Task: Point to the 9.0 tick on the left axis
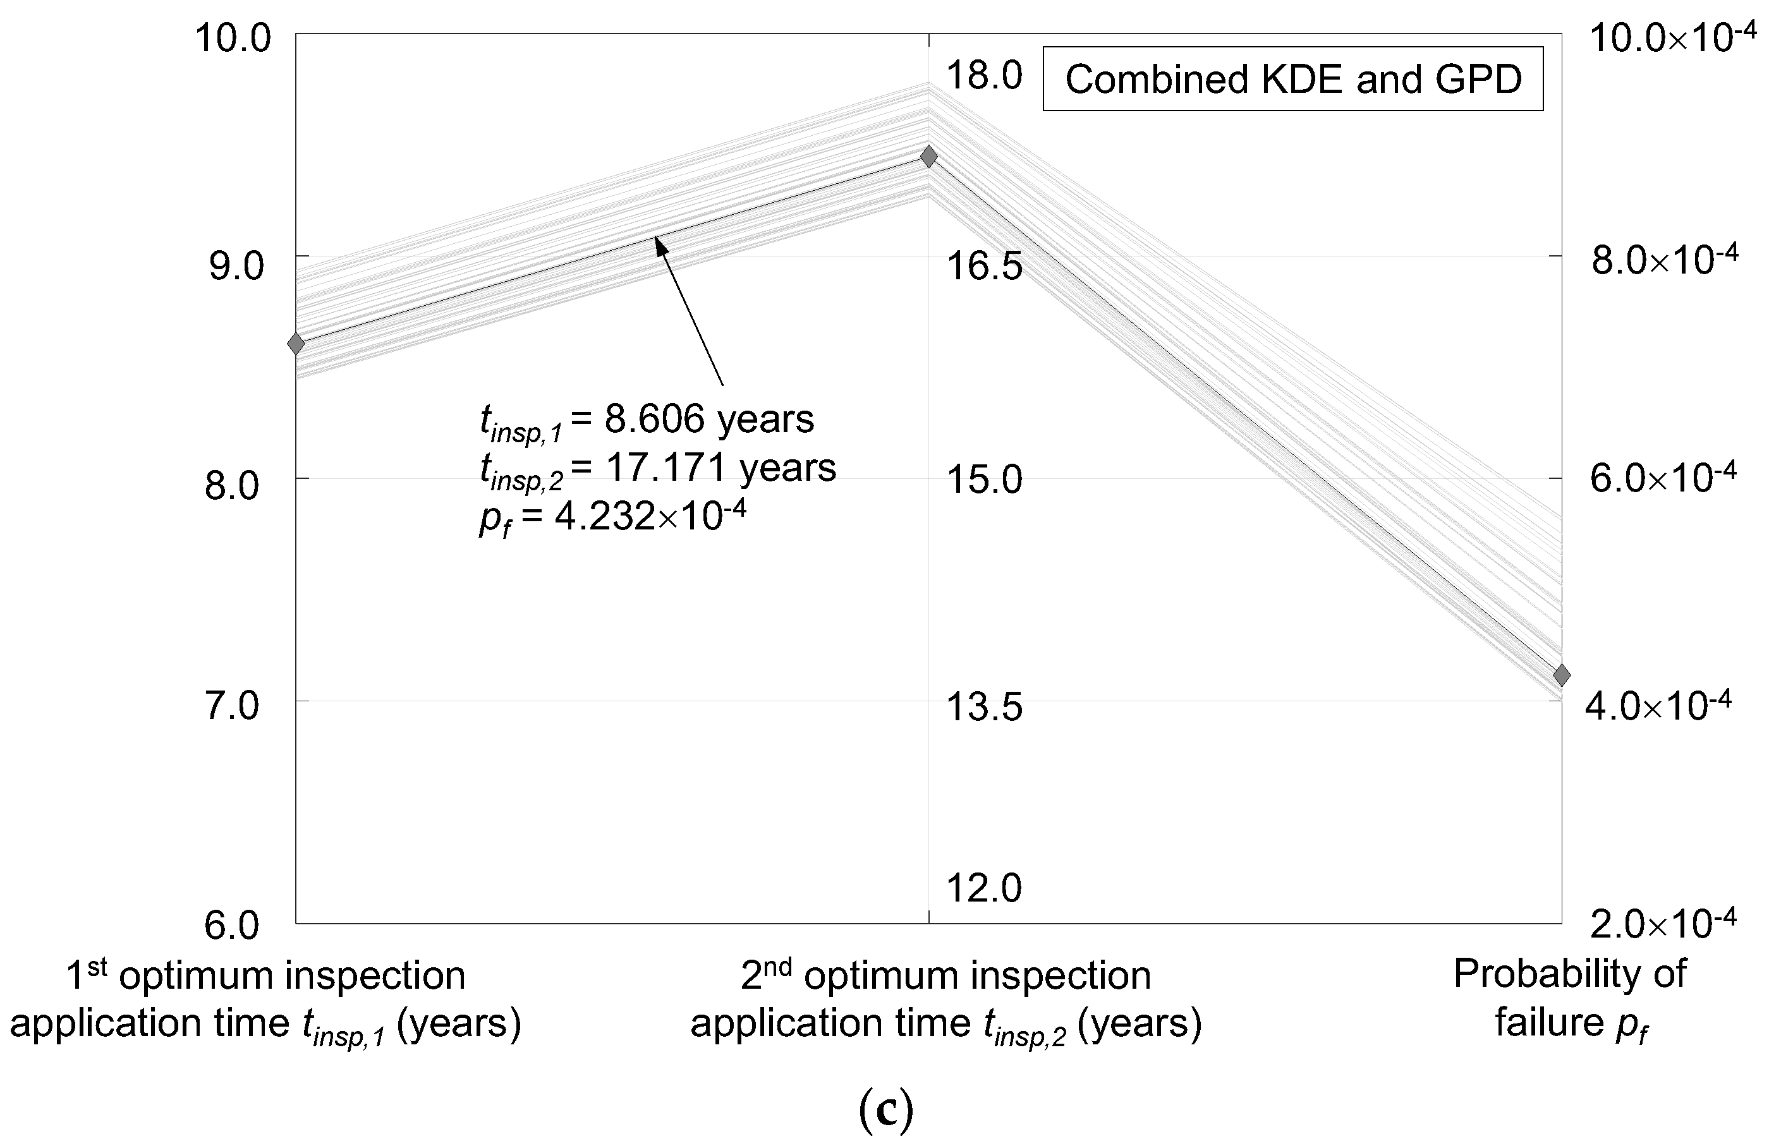[x=236, y=265]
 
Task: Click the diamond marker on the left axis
[x=296, y=344]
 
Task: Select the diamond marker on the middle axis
[x=928, y=156]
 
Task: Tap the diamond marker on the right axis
[x=1562, y=675]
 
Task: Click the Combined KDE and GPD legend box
[x=1292, y=79]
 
